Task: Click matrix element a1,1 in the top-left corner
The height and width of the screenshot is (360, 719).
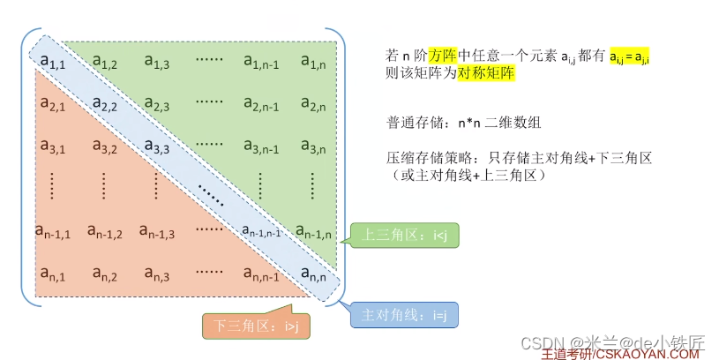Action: (x=53, y=61)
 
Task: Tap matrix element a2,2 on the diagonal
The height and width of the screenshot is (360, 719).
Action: (x=105, y=105)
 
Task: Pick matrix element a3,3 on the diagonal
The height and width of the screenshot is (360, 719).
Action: (x=157, y=146)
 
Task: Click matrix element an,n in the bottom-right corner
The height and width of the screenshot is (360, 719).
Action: (x=315, y=275)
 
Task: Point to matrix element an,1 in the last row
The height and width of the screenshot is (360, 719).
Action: (x=53, y=275)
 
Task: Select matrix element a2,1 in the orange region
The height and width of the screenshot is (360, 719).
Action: (x=53, y=105)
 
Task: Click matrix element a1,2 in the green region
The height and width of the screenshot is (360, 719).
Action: (x=105, y=62)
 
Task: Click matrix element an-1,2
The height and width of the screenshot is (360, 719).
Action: (x=105, y=233)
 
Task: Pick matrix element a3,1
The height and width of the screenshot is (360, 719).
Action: (x=53, y=146)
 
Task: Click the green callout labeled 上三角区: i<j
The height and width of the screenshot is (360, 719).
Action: (x=406, y=236)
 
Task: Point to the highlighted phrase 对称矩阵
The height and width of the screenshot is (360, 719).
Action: (x=485, y=74)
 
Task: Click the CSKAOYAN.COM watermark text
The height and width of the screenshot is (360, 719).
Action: (x=648, y=353)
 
